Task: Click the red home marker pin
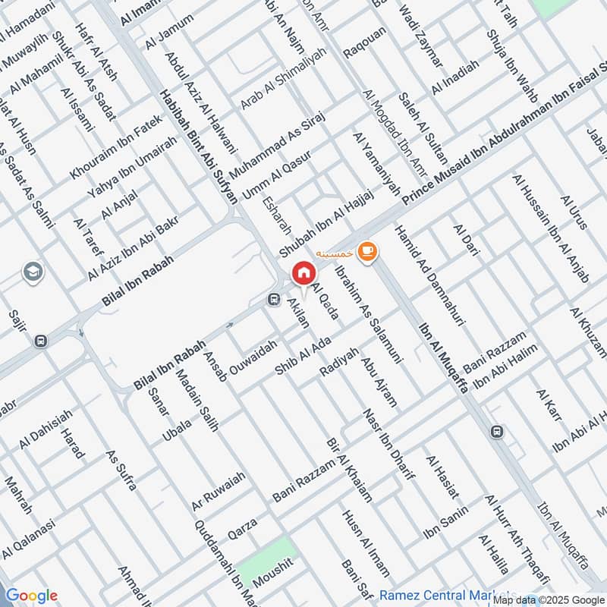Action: (303, 273)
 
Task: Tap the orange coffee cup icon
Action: (367, 251)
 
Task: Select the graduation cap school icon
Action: (33, 272)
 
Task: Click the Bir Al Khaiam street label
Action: (348, 470)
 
